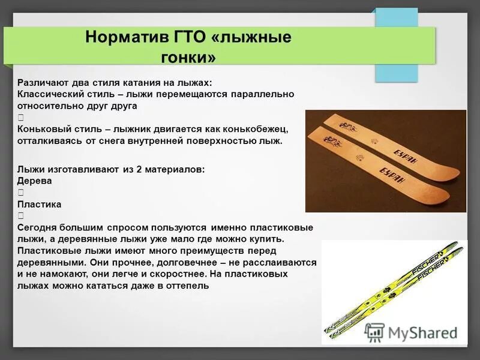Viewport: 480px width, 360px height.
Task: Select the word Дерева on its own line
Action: coord(34,181)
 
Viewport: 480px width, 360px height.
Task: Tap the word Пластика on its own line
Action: coord(39,204)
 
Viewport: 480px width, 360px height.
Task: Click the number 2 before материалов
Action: coord(140,169)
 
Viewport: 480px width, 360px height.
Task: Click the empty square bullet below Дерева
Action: coord(21,193)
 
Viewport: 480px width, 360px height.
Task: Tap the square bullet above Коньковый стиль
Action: coord(21,118)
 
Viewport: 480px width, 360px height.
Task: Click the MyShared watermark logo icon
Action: coord(374,332)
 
